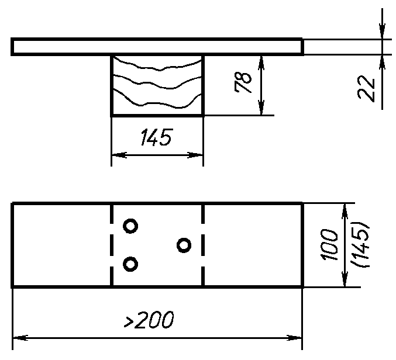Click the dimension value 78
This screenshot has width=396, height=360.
[243, 82]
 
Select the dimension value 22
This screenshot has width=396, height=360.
[366, 89]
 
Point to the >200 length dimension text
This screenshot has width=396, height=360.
[149, 320]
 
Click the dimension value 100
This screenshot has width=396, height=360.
[329, 245]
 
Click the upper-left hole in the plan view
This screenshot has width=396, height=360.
[130, 226]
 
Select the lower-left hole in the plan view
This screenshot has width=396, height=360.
[130, 264]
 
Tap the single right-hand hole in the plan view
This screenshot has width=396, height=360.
[184, 245]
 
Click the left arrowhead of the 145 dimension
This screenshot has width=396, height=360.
[119, 155]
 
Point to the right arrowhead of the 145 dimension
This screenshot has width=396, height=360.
[195, 155]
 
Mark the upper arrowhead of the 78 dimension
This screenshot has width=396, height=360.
[261, 63]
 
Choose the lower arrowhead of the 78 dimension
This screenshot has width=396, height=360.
[261, 108]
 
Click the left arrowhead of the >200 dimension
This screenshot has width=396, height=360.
[20, 338]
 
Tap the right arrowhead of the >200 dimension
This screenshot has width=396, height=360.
[294, 338]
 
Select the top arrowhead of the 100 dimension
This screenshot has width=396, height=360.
[345, 211]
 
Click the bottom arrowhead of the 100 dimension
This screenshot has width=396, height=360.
[345, 279]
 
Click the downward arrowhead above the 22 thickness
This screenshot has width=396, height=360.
[382, 32]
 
